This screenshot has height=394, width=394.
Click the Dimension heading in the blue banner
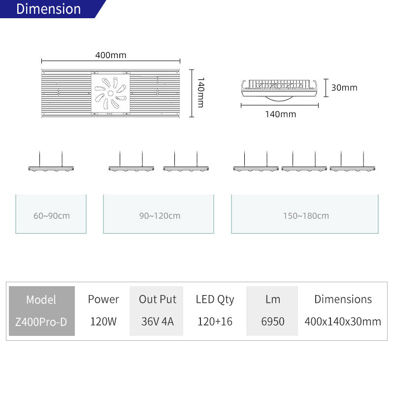48,9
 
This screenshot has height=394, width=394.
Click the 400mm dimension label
110,55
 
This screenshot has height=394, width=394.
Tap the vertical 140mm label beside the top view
200,93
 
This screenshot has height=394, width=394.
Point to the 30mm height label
344,88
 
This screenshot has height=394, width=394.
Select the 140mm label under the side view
280,114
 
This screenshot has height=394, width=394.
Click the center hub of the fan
110,94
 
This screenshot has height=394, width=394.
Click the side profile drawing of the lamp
279,91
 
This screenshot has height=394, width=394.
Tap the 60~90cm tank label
52,216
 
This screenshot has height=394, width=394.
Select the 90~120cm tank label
160,216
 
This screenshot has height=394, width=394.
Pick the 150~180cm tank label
306,216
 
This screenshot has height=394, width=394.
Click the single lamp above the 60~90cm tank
51,168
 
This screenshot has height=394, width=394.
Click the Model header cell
41,300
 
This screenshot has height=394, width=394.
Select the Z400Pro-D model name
41,322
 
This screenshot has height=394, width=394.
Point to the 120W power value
103,322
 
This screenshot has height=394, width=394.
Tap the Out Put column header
158,299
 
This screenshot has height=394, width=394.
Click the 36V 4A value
158,322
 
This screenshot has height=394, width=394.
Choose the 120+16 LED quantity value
215,322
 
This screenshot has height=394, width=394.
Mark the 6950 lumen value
273,322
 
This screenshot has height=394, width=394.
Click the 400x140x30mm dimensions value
343,322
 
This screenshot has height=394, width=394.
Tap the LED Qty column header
215,300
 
